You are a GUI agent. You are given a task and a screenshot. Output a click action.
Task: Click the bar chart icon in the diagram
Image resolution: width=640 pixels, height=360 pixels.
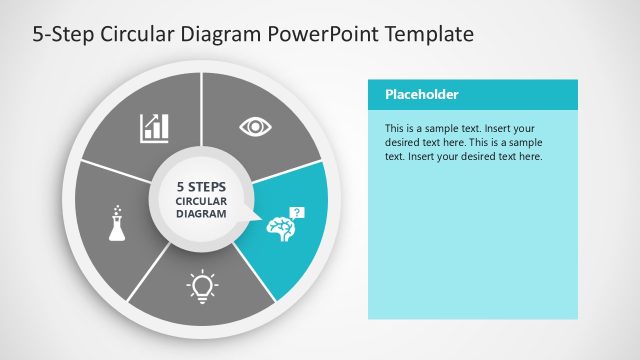pyautogui.click(x=154, y=127)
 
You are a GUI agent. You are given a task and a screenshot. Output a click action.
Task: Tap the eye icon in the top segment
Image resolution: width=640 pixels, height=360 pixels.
pyautogui.click(x=256, y=126)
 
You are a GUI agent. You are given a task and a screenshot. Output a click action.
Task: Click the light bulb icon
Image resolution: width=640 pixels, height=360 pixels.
pyautogui.click(x=202, y=287)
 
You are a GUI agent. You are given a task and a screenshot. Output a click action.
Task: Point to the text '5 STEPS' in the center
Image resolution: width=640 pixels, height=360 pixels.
pyautogui.click(x=201, y=186)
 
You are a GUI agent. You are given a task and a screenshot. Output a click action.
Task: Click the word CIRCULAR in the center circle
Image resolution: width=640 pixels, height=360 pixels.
pyautogui.click(x=201, y=200)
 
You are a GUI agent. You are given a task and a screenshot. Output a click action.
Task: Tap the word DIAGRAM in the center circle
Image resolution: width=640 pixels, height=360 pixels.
pyautogui.click(x=201, y=213)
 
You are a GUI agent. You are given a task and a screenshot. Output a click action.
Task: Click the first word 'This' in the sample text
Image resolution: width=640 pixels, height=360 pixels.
pyautogui.click(x=397, y=129)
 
